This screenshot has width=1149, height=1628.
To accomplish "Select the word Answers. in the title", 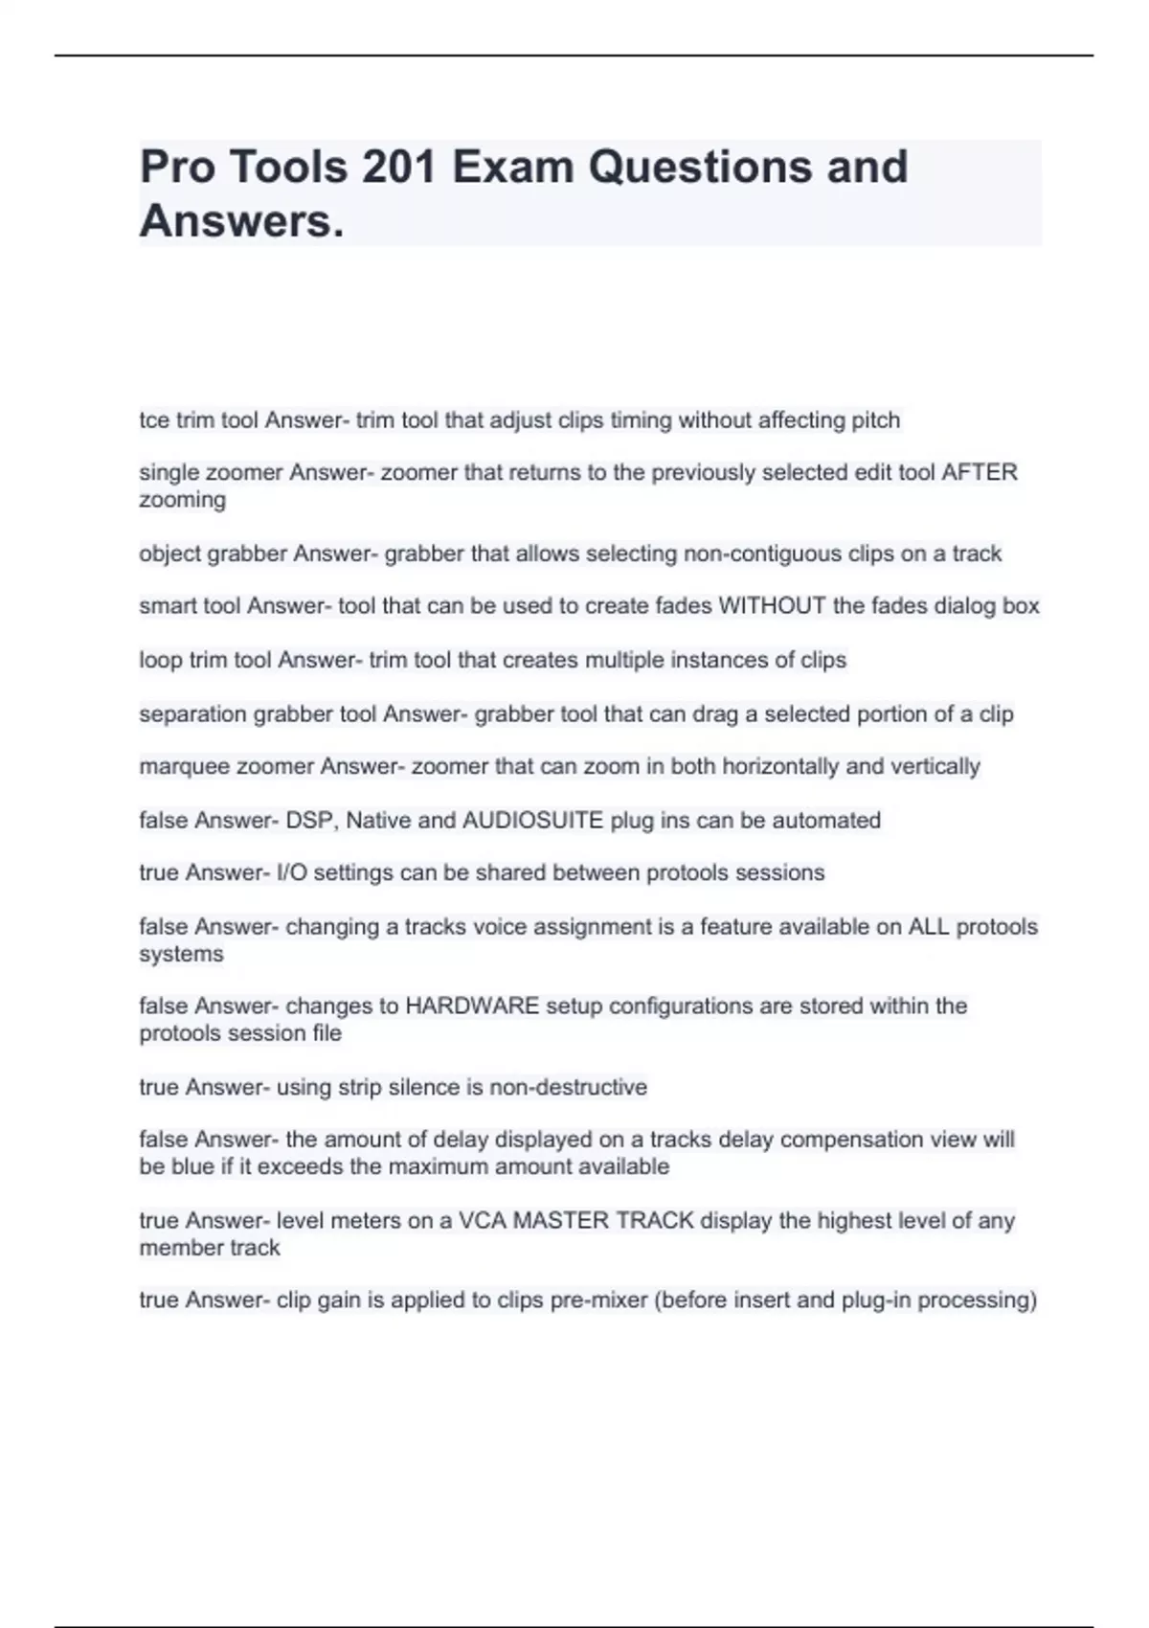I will pos(241,221).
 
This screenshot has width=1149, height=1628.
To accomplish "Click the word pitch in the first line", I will pos(873,420).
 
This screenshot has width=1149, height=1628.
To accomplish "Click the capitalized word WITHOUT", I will pos(772,606).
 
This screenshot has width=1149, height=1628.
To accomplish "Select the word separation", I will pos(193,713).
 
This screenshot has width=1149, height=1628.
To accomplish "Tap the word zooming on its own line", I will pos(183,500).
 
